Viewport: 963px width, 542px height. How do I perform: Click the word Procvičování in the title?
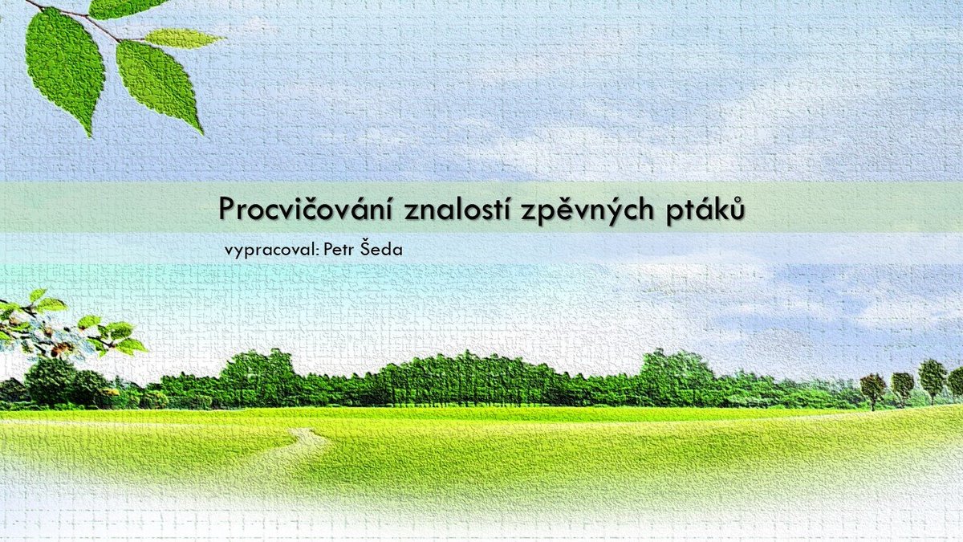[306, 209]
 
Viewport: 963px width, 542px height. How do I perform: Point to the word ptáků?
[705, 210]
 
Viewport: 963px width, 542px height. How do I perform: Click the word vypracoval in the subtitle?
[270, 251]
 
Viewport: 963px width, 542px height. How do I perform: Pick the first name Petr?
[339, 249]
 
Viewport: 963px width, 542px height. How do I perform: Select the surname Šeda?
[381, 248]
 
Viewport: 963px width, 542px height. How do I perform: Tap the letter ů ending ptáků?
[737, 209]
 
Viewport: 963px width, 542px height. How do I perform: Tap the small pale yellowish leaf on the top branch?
[183, 39]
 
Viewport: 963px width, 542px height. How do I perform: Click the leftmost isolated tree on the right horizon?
[873, 389]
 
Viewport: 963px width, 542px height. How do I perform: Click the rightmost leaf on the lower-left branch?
[131, 345]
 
